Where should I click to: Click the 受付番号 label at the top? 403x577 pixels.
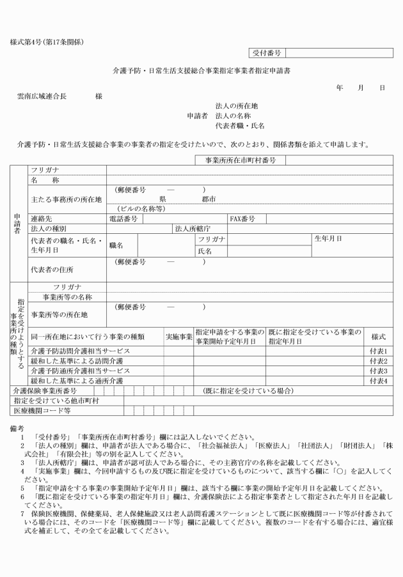[x=267, y=53]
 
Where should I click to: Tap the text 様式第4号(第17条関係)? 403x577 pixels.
[x=47, y=42]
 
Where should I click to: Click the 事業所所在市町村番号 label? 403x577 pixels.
[x=240, y=160]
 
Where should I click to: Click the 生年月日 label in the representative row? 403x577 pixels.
[x=328, y=238]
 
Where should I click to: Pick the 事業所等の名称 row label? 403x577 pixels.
[x=67, y=297]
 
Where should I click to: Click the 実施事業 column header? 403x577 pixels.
[x=178, y=335]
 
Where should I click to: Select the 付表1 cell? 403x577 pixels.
[x=379, y=351]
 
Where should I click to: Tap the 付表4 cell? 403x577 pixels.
[x=379, y=380]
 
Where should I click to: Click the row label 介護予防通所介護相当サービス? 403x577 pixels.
[x=80, y=371]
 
